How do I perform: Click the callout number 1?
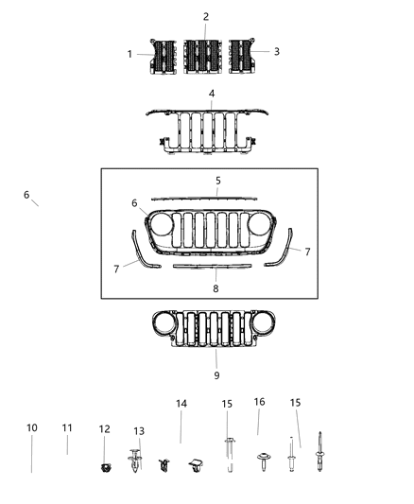[130, 54]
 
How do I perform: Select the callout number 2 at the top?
[206, 17]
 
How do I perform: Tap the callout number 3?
[276, 51]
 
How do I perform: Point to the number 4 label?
[212, 94]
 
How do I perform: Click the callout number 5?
[217, 180]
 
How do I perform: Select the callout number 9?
[216, 361]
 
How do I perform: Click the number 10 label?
[32, 428]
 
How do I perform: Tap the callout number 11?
[67, 428]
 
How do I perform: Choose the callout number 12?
[105, 429]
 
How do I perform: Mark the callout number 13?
[139, 431]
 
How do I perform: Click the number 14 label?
[181, 404]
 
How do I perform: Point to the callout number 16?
[259, 402]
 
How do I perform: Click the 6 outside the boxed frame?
[26, 195]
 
